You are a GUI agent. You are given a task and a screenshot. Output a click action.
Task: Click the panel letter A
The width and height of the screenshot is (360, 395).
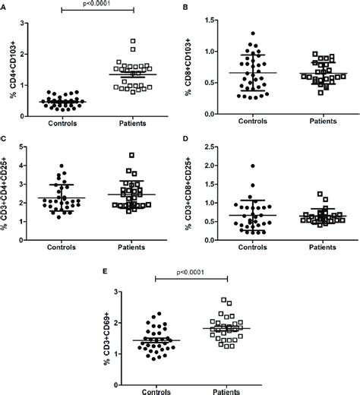[4, 6]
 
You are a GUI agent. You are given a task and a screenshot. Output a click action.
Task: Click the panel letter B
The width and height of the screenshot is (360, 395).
[187, 6]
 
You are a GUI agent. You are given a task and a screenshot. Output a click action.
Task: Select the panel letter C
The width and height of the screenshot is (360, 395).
[4, 138]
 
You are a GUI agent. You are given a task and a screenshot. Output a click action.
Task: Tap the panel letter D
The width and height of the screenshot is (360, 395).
[187, 138]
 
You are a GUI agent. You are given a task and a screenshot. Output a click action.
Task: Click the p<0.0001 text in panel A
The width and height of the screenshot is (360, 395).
[97, 5]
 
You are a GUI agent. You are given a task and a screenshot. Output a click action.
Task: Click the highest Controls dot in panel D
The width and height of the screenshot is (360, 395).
[252, 166]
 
